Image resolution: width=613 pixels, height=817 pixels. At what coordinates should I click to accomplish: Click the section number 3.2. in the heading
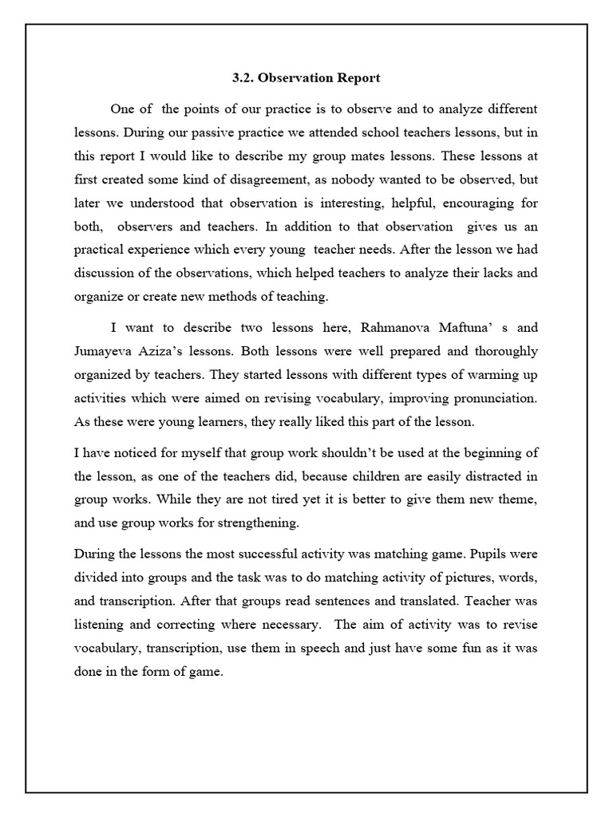tap(243, 78)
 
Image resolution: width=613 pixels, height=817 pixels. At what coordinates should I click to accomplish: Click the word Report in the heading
tap(358, 78)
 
